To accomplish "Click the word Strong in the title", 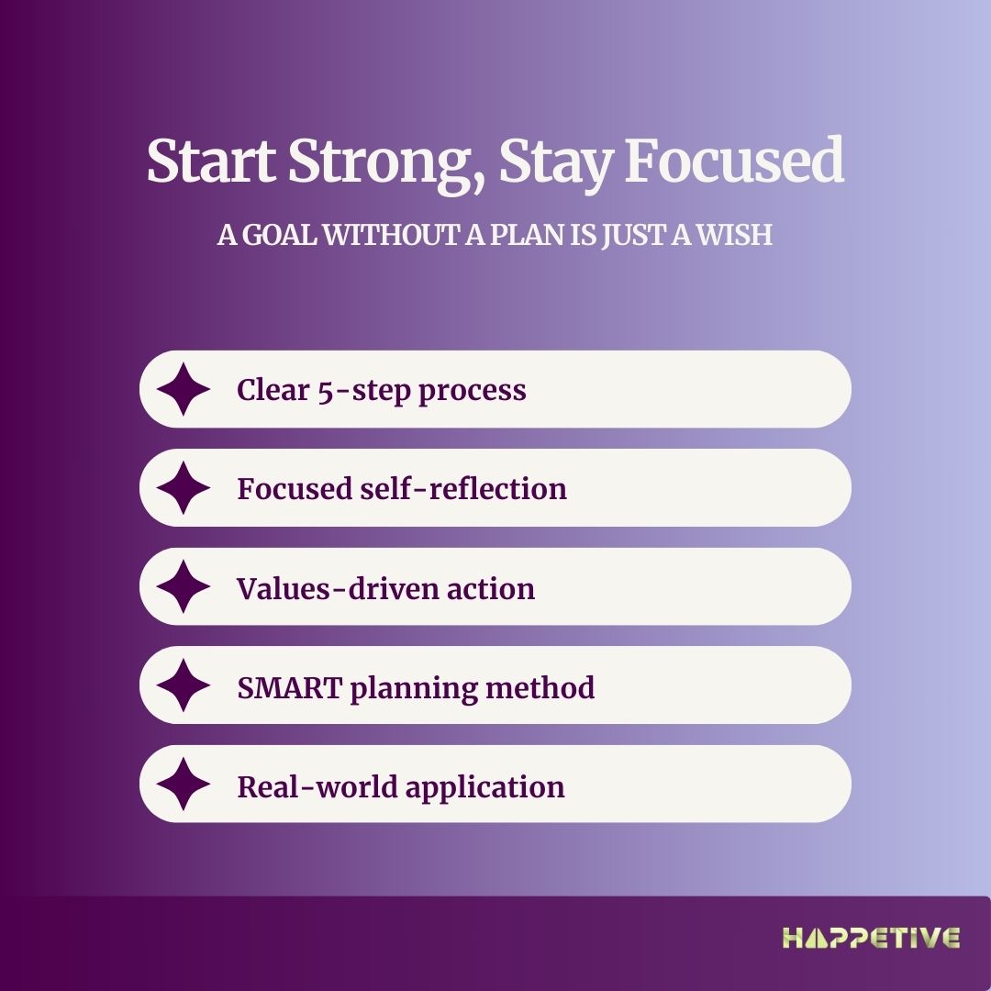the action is click(x=386, y=161).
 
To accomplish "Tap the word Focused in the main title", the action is click(x=734, y=159).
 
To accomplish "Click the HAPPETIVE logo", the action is click(x=871, y=938).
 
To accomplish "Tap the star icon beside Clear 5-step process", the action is click(x=184, y=389).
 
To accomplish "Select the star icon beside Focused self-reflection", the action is click(x=184, y=488).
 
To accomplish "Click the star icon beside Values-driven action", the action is click(x=184, y=586).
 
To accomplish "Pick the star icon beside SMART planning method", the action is click(x=184, y=685).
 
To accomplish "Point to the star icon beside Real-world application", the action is click(x=184, y=784).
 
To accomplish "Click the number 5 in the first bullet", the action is click(x=325, y=391).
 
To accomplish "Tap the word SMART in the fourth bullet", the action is click(x=290, y=687).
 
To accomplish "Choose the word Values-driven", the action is click(x=338, y=588).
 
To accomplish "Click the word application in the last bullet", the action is click(x=484, y=788).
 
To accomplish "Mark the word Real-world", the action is click(x=317, y=786).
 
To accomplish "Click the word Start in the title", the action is click(x=211, y=161).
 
